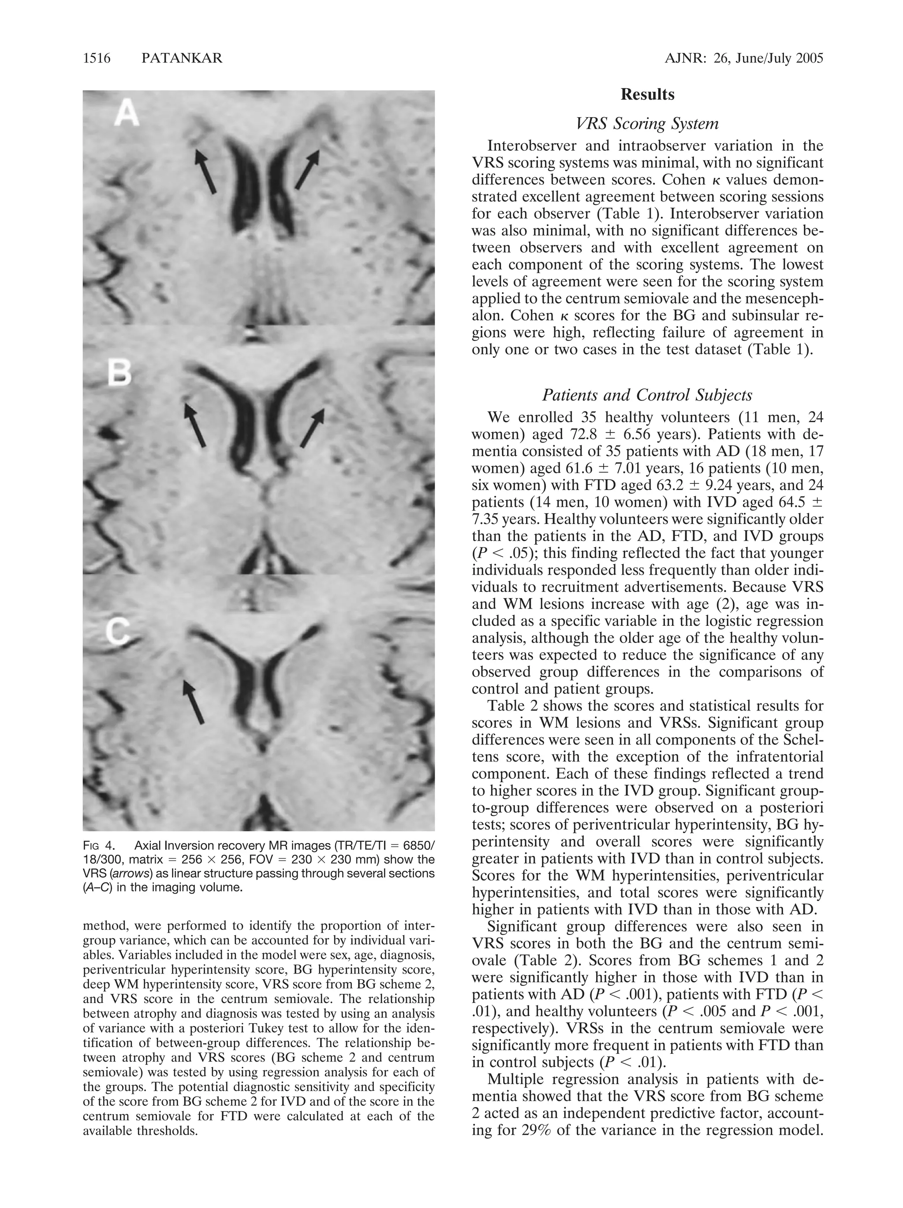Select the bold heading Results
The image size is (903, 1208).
coord(647,94)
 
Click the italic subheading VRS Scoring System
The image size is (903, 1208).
coord(647,124)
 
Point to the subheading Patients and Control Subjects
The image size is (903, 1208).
coord(647,395)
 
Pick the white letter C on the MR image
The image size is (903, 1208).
coord(117,632)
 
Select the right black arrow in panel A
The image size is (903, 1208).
coord(307,169)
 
